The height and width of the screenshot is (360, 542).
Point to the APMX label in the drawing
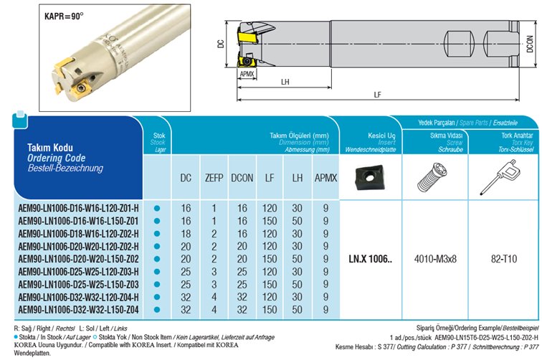click(x=247, y=74)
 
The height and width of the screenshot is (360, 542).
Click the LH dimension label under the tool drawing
click(x=285, y=82)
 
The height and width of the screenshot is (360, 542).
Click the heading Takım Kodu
click(x=47, y=146)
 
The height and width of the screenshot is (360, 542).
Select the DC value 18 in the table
click(x=185, y=233)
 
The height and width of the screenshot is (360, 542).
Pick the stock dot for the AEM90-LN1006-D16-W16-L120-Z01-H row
click(x=157, y=209)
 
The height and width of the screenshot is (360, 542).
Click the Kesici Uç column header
click(x=370, y=136)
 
